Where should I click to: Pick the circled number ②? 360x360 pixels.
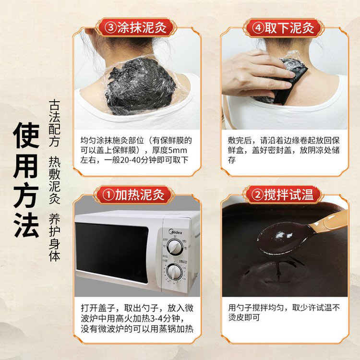tap(258, 194)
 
